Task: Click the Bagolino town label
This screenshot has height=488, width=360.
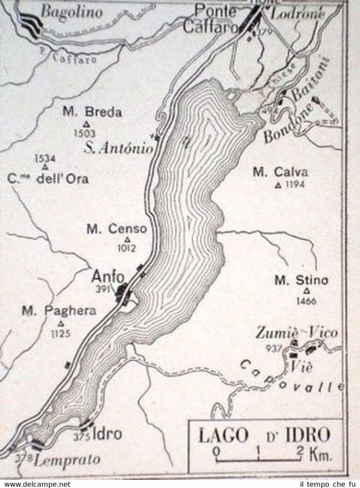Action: (x=63, y=11)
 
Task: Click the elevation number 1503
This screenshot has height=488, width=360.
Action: (x=84, y=133)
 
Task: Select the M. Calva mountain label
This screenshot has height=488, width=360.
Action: (x=280, y=172)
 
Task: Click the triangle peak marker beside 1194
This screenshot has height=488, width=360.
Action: (x=277, y=186)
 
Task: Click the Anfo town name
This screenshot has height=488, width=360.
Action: (x=105, y=277)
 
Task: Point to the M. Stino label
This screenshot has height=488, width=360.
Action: (x=301, y=280)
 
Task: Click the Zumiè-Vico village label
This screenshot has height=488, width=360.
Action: (x=297, y=333)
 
